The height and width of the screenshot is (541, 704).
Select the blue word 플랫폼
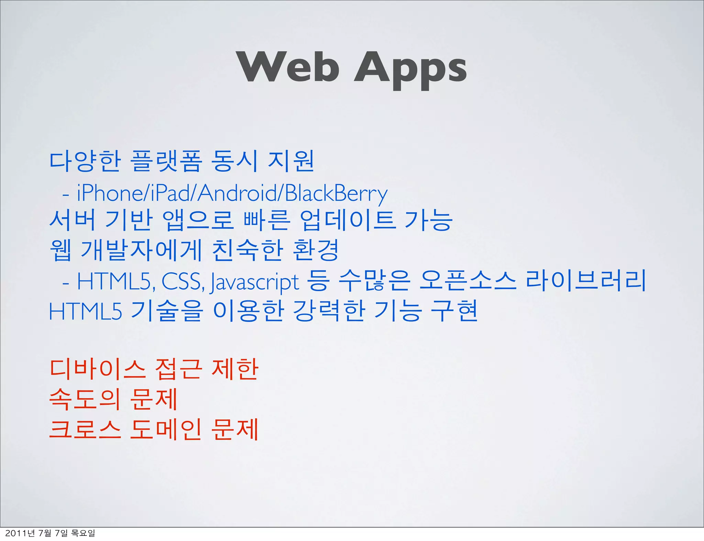(166, 161)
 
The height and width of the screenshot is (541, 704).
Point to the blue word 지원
(291, 161)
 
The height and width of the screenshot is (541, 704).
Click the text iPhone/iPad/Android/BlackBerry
(232, 193)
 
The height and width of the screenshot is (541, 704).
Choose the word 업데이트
(347, 220)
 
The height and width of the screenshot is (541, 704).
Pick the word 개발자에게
(141, 250)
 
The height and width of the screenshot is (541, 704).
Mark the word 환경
(316, 250)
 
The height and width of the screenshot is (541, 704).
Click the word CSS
(183, 281)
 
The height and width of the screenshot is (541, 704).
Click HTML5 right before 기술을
(86, 311)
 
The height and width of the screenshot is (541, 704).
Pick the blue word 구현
(454, 311)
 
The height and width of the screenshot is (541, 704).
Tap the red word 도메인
(165, 429)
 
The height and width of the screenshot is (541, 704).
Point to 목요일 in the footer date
(82, 533)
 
